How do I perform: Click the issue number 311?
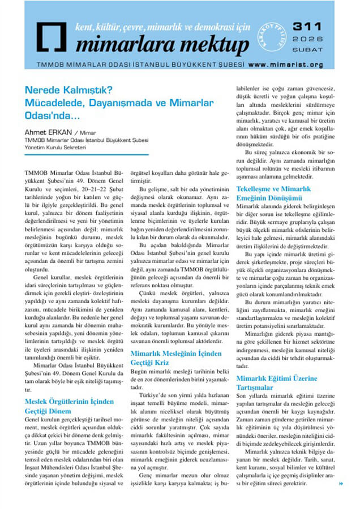308,27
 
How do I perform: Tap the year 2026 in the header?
308,39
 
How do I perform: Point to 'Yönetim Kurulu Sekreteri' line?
55,148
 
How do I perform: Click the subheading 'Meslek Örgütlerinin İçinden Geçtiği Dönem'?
70,406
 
